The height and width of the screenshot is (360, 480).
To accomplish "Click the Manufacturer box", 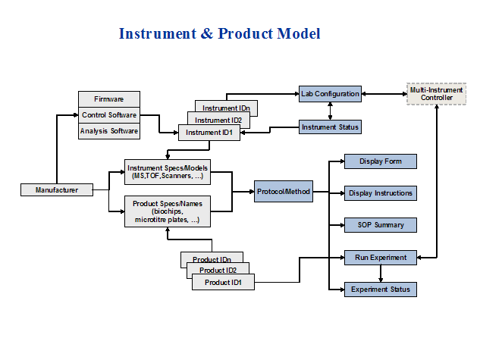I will tap(57, 189).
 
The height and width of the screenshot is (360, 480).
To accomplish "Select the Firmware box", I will tap(109, 99).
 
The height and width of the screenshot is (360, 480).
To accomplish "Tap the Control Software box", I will tap(109, 115).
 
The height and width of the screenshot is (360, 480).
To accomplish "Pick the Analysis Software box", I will tap(109, 131).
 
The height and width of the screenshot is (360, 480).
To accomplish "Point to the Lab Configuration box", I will tap(329, 94).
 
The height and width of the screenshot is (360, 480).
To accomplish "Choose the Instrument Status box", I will tap(329, 127).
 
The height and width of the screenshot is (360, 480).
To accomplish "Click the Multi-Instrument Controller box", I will tap(436, 94).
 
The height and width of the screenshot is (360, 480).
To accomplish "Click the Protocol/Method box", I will tap(282, 192).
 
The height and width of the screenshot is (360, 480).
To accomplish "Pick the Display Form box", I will tap(381, 161).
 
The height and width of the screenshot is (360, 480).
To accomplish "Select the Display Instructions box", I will tap(381, 193).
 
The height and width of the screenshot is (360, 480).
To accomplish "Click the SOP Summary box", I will tap(381, 225).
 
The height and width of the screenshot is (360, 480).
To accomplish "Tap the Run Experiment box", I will tap(381, 257).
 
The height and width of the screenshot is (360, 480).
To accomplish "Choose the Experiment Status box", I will tap(381, 289).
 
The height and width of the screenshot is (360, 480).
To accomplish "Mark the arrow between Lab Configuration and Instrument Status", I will tap(330, 110).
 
